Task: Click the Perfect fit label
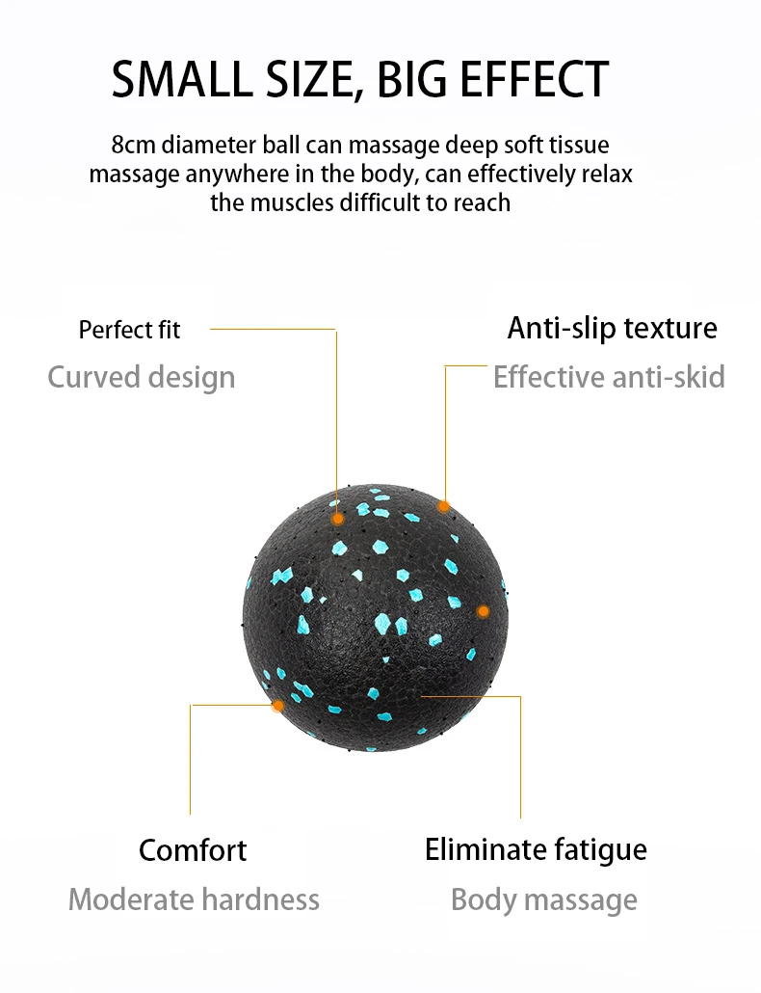pos(129,330)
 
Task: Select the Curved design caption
pos(141,377)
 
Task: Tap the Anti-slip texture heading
pos(612,328)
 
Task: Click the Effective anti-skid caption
pos(609,377)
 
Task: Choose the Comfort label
pos(193,850)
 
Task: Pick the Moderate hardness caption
pos(194,900)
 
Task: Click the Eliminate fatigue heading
pos(536,850)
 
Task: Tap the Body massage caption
pos(543,900)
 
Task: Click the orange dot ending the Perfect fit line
pos(337,518)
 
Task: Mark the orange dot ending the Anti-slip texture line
pos(444,505)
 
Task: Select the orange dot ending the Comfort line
pos(277,706)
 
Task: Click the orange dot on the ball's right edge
pos(484,611)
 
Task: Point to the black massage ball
pos(376,617)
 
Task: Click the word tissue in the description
pos(576,146)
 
